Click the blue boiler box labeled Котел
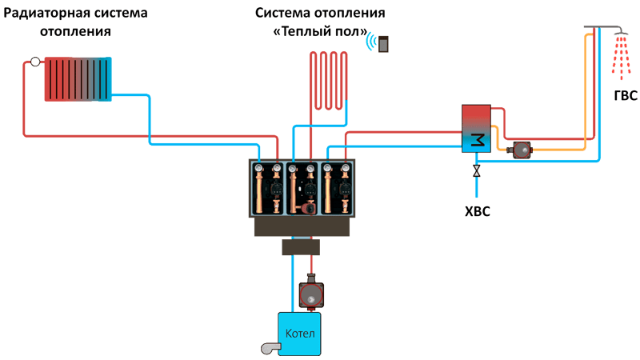[x=299, y=334]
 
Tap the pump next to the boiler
[x=311, y=292]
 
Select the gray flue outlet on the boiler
[x=270, y=348]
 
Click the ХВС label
[x=477, y=211]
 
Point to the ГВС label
[x=626, y=95]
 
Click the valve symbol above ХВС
[x=476, y=170]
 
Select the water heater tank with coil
[x=476, y=129]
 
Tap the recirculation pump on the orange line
[x=519, y=150]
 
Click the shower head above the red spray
[x=621, y=31]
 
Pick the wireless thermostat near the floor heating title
[x=383, y=44]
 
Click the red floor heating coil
[x=328, y=81]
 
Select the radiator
[x=78, y=79]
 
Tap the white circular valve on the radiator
[x=35, y=62]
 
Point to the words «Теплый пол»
[x=320, y=31]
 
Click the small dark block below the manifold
[x=301, y=247]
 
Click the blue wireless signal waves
[x=371, y=42]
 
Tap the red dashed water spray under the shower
[x=621, y=58]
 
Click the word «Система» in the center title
[x=282, y=13]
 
